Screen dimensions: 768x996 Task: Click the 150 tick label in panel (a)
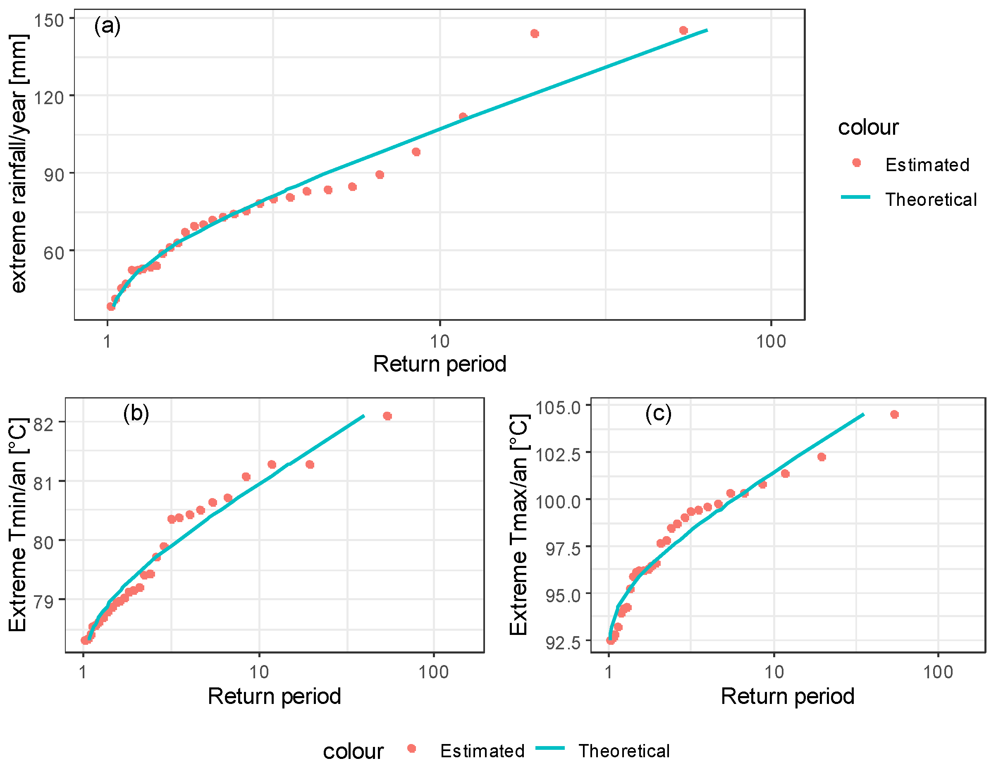[x=49, y=20]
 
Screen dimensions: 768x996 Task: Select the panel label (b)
[x=136, y=413]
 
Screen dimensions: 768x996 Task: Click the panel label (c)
[x=658, y=413]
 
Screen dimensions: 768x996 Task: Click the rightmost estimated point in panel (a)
[x=683, y=31]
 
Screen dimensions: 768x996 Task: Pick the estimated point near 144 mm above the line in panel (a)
[x=535, y=34]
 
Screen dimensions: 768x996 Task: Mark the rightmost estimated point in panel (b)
[x=387, y=416]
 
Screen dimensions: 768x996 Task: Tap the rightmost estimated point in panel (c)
[x=894, y=414]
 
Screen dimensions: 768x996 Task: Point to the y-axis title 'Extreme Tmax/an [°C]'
[x=518, y=525]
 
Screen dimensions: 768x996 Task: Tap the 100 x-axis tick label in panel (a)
[x=771, y=341]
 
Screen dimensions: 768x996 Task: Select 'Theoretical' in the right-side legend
[x=930, y=200]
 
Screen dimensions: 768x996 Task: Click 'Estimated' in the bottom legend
[x=482, y=751]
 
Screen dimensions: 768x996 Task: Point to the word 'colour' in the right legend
[x=868, y=127]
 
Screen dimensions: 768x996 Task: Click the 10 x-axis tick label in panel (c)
[x=774, y=672]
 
